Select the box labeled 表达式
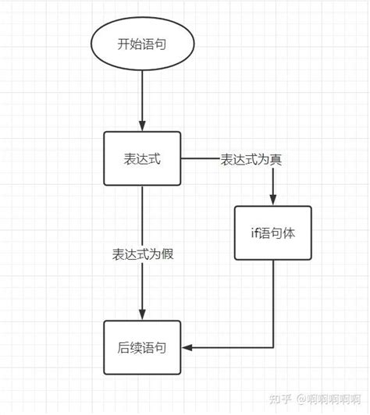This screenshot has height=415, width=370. [143, 159]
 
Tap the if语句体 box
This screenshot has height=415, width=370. [273, 232]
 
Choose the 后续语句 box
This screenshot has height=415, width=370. [143, 346]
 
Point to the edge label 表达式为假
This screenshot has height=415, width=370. [143, 254]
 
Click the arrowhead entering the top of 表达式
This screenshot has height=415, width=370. [143, 126]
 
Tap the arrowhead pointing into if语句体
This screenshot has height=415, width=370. [273, 200]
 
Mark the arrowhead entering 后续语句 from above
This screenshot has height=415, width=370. [143, 314]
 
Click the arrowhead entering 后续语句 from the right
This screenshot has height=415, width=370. [187, 346]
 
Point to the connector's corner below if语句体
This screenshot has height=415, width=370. [273, 346]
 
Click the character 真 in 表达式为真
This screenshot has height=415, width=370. [276, 160]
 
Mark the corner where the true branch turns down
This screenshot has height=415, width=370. [273, 160]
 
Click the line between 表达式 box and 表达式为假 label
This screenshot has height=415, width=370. [143, 215]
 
